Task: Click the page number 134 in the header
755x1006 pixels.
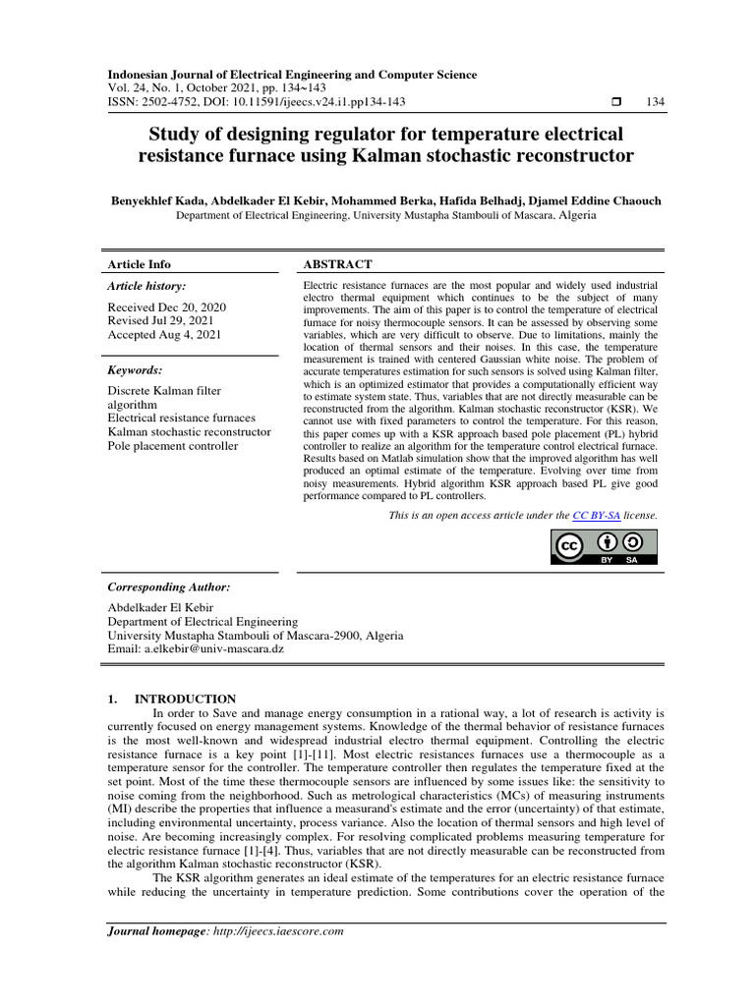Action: pos(654,102)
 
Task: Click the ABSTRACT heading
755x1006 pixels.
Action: pos(338,264)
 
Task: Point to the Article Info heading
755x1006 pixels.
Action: pos(139,264)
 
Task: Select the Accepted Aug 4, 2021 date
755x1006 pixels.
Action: pos(164,334)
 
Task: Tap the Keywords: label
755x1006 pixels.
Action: pos(135,370)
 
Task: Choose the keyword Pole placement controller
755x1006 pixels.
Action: pos(172,446)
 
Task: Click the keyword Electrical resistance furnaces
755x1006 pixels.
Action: pos(181,419)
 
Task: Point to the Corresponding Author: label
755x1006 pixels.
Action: pos(168,587)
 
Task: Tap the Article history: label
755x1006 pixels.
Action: pos(145,286)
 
